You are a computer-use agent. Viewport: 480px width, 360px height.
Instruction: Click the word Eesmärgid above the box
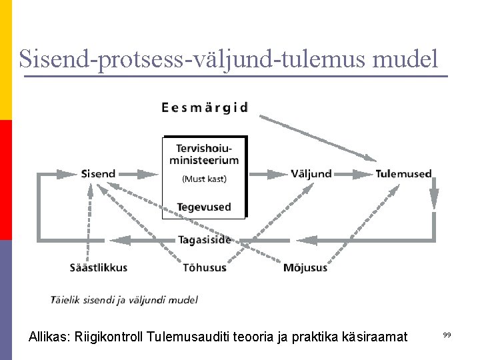(205, 107)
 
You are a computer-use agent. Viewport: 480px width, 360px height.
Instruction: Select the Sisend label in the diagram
(98, 174)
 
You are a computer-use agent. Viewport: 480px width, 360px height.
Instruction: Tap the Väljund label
(311, 174)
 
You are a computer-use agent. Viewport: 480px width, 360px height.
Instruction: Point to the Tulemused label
(403, 174)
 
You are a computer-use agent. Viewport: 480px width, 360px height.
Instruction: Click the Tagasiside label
(204, 240)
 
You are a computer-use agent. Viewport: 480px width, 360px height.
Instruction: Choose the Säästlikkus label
(99, 267)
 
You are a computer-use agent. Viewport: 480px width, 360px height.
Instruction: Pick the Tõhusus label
(205, 267)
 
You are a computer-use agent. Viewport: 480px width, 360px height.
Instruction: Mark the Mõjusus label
(305, 267)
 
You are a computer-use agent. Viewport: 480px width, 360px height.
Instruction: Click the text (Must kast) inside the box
(204, 179)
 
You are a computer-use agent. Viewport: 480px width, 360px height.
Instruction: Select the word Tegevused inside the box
(204, 207)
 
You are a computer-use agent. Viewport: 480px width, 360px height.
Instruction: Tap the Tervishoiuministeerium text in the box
(204, 154)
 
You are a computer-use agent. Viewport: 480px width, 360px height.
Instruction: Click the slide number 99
(447, 335)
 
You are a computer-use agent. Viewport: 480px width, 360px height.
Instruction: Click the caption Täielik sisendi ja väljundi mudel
(124, 300)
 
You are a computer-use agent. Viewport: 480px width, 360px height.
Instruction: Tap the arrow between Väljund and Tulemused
(353, 175)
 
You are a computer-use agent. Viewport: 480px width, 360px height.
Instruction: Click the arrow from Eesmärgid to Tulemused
(317, 138)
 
